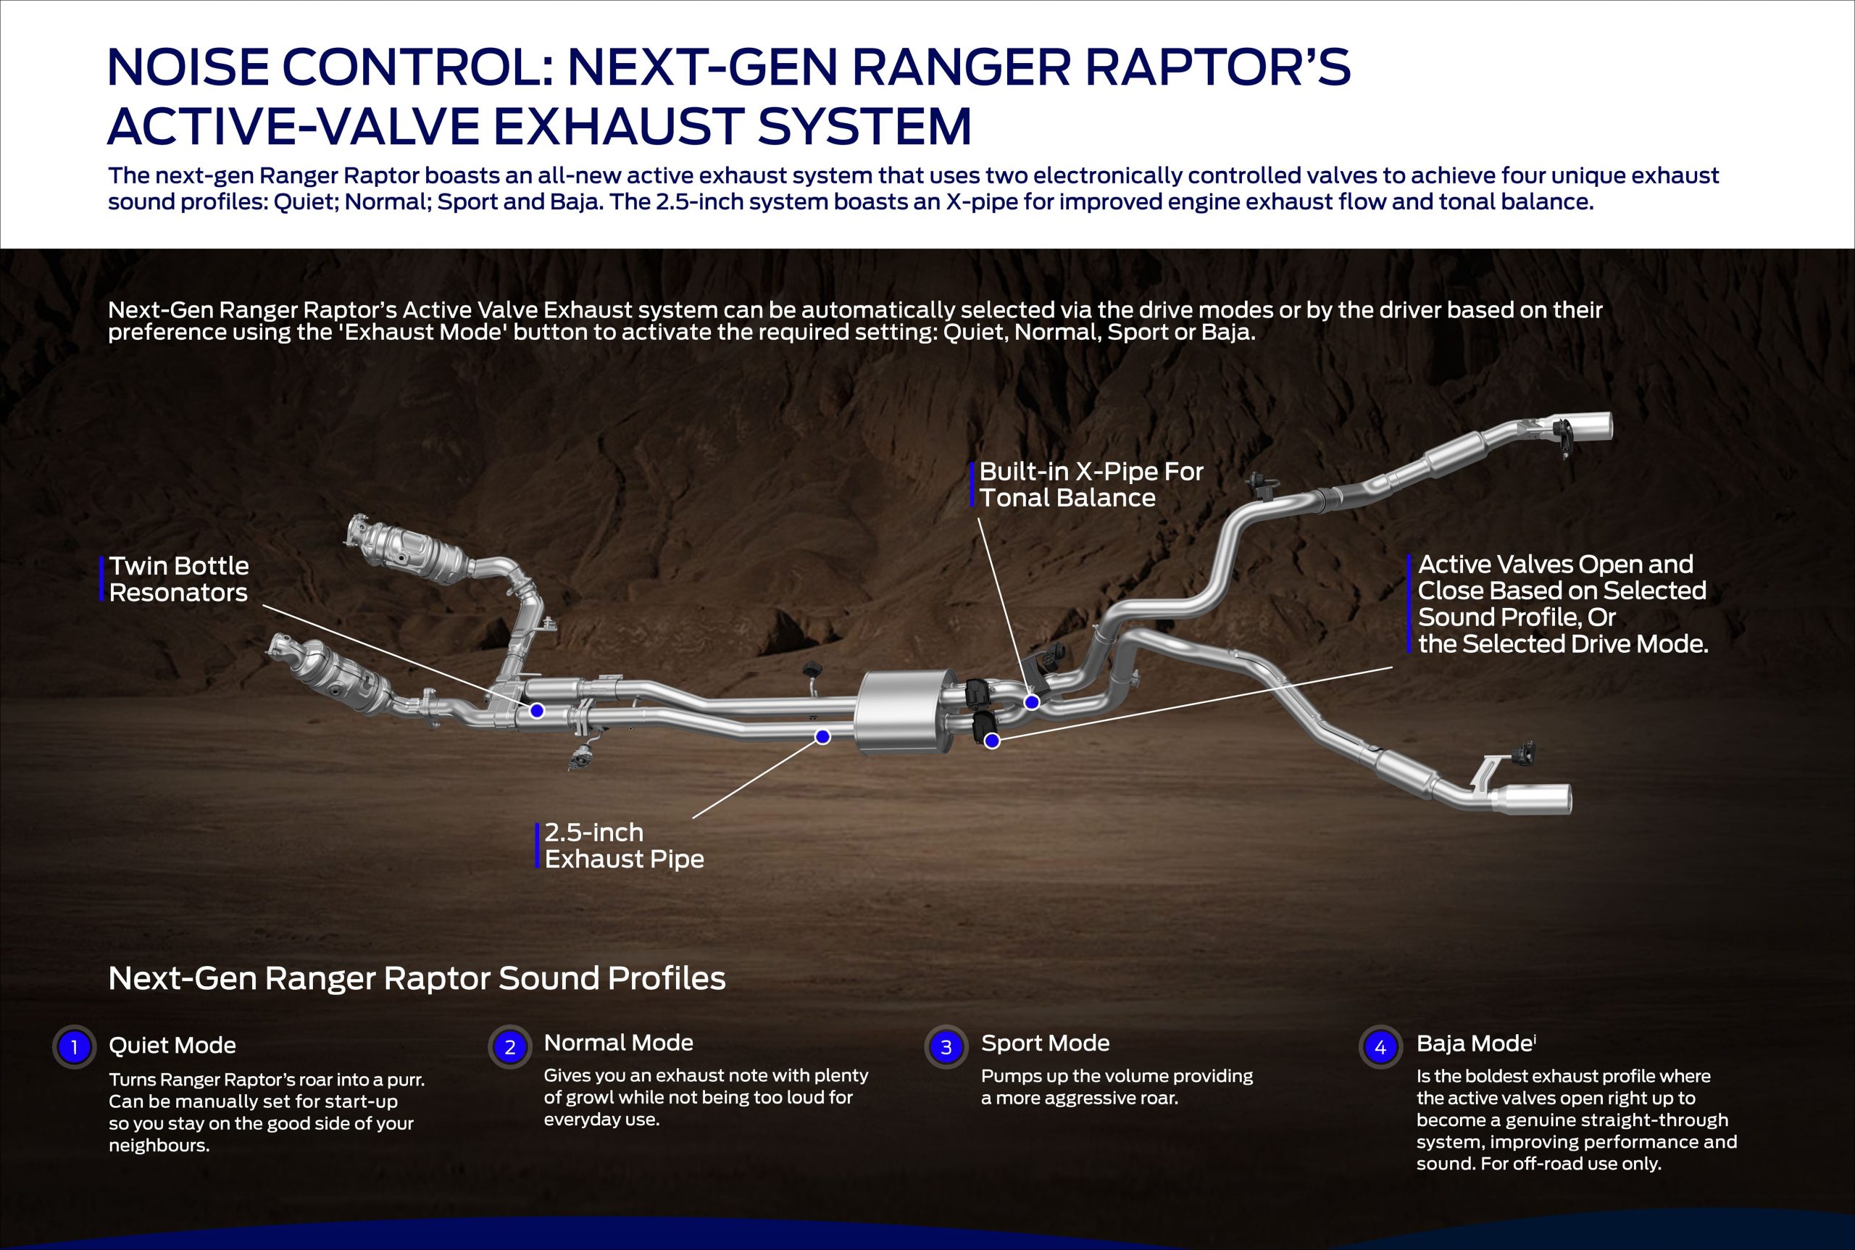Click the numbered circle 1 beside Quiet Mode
coord(74,1046)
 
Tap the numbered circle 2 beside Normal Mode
coord(510,1046)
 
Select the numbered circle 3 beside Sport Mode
coord(946,1046)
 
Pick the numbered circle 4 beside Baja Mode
coord(1380,1046)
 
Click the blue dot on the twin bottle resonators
coord(537,710)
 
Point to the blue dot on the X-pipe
coord(1032,702)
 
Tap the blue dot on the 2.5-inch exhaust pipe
coord(822,737)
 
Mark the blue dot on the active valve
coord(993,741)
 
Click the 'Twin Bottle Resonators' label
coord(178,579)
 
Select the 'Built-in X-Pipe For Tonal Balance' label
coord(1091,484)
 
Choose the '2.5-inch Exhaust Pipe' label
coord(624,845)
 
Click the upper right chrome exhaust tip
coord(1586,427)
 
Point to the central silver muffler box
coord(899,712)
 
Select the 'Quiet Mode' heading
coord(172,1045)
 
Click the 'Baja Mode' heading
coord(1475,1043)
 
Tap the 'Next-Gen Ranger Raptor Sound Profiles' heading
coord(417,978)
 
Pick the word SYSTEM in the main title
coord(864,127)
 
